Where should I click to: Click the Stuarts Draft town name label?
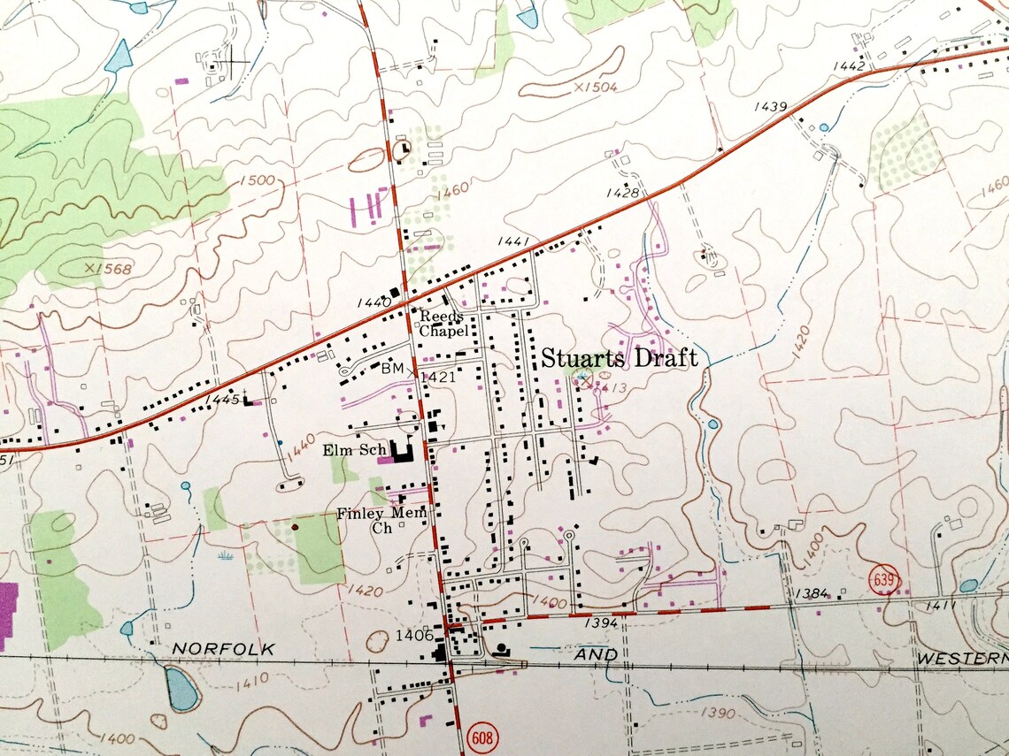point(619,359)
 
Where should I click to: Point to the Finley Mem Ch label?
point(381,521)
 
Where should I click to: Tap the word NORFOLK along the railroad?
point(223,649)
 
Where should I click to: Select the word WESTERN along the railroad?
point(961,659)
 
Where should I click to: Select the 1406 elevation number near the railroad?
point(414,635)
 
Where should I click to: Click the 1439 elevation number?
point(771,106)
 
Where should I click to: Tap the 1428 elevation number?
point(622,191)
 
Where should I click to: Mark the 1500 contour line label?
point(257,181)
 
